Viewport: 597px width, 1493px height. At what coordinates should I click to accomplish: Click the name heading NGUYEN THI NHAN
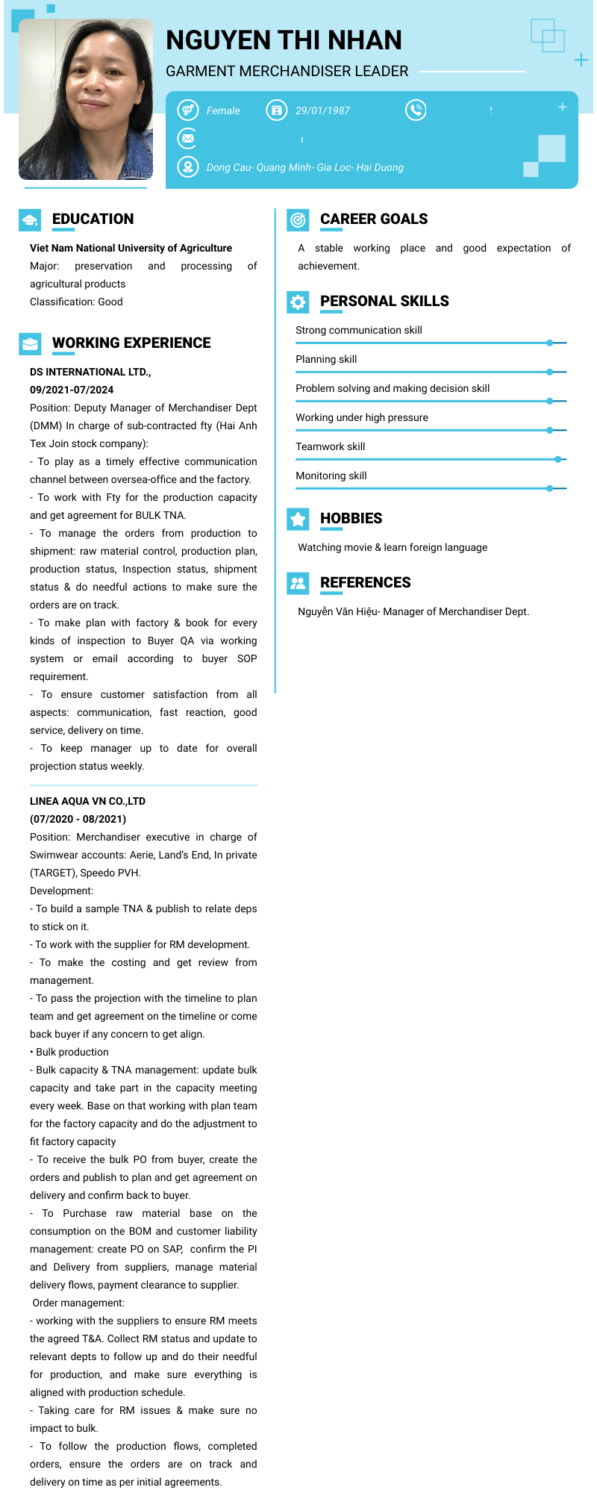coord(284,40)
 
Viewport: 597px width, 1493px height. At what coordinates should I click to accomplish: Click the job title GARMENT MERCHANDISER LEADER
coord(287,71)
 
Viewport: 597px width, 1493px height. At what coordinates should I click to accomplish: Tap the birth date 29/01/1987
coord(322,110)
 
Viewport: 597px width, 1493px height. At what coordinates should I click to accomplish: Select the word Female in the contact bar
coord(223,110)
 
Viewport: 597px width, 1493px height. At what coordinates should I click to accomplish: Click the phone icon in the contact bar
coord(416,110)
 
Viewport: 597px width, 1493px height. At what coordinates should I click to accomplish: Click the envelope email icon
coord(187,139)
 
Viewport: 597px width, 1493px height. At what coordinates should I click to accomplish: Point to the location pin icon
coord(187,167)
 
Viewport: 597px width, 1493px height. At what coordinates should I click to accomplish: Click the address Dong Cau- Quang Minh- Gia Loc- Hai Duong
coord(304,167)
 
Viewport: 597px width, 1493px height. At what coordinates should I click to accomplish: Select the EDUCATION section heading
coord(93,219)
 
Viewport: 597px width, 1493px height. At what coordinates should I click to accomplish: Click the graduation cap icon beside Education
coord(30,219)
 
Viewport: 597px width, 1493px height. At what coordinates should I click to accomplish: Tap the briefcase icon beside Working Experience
coord(30,343)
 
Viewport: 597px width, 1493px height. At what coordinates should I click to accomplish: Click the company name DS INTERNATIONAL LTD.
coord(90,372)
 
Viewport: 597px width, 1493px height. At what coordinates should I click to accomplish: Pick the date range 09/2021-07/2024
coord(72,390)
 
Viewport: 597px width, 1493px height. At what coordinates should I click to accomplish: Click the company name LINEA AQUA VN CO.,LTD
coord(87,801)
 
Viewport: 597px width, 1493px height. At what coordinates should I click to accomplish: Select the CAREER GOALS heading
coord(374,219)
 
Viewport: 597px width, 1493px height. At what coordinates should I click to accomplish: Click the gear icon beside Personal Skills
coord(298,302)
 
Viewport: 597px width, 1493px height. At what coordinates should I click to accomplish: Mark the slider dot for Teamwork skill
coord(558,460)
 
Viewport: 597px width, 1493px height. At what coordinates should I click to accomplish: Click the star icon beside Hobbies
coord(298,519)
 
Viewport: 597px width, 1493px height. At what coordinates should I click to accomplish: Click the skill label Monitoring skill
coord(331,476)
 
